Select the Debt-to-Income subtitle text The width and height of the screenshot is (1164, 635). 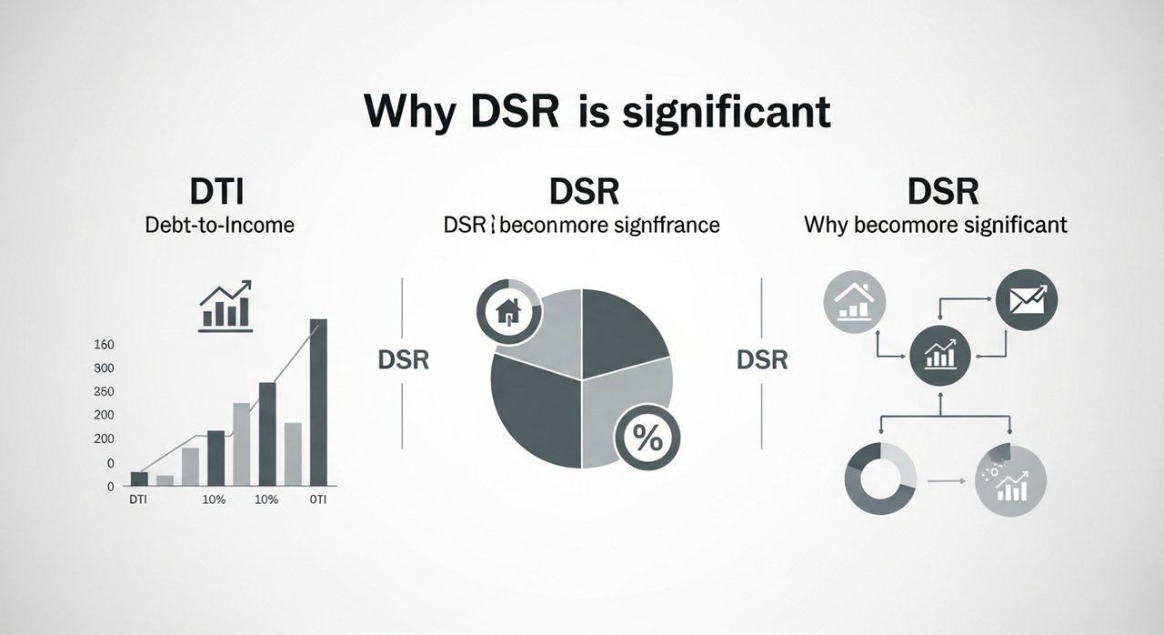coord(219,224)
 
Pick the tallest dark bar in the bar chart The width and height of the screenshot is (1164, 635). coord(318,401)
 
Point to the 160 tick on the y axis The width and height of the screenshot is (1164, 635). coord(104,345)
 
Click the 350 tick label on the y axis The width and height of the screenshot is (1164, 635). coord(104,391)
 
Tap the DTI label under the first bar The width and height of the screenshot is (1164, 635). coord(138,499)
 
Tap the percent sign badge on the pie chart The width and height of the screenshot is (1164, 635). coord(647,439)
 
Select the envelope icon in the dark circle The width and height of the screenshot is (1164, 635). coord(1027,297)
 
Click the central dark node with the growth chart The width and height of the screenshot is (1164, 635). coord(940,355)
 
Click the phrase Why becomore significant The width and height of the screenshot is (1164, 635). coord(936,224)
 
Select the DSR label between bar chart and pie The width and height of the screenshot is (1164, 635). coord(402,360)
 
